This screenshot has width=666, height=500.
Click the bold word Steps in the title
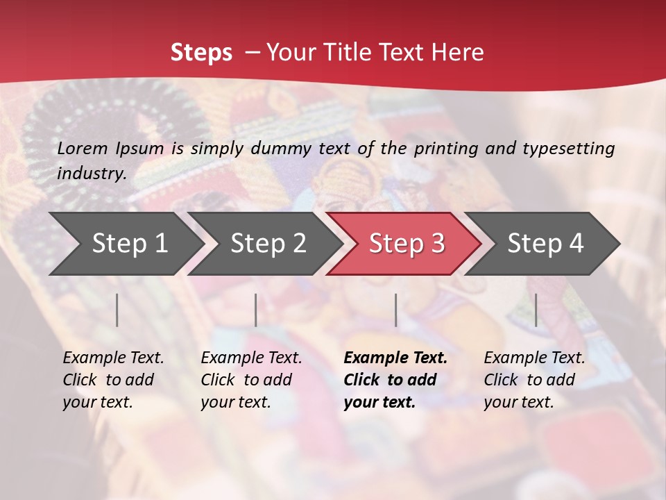click(201, 53)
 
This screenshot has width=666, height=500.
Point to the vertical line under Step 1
click(117, 310)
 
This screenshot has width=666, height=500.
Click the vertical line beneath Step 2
click(256, 310)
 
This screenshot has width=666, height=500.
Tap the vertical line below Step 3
click(396, 310)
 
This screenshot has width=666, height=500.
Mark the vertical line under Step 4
click(536, 310)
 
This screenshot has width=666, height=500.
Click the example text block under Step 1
click(113, 380)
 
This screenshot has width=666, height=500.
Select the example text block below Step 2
click(251, 380)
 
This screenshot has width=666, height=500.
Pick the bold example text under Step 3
click(395, 380)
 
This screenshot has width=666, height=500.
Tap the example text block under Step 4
click(534, 380)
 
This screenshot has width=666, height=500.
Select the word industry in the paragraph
click(91, 174)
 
